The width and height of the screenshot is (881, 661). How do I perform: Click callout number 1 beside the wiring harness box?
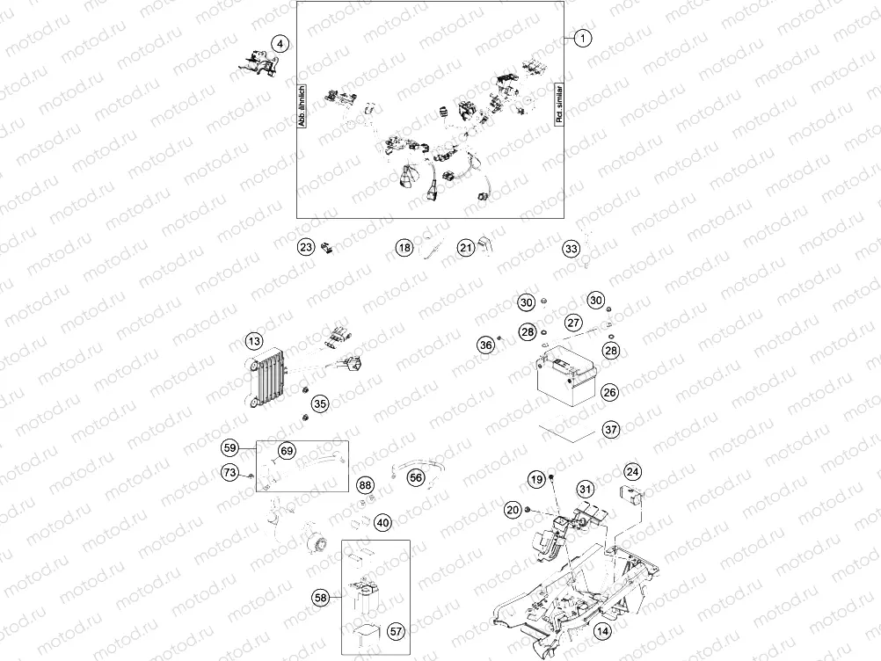coord(582,38)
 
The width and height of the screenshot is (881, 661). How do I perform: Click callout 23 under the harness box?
coord(305,248)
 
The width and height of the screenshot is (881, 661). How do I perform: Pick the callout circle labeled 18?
coord(404,248)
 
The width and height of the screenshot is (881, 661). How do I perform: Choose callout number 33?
coord(572,249)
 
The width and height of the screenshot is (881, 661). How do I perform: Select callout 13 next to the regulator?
coord(253,341)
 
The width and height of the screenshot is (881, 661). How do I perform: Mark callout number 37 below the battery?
coord(610,430)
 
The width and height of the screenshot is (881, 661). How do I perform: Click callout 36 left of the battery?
coord(485,345)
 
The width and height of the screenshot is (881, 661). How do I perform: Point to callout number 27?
coord(572,323)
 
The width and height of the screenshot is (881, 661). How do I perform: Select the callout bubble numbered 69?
coord(286,451)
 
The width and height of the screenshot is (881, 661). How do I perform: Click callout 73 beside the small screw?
coord(229,474)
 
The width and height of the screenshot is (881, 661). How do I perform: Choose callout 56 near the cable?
coord(416,476)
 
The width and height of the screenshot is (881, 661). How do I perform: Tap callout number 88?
coord(365,485)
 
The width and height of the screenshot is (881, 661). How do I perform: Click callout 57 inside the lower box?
coord(397,631)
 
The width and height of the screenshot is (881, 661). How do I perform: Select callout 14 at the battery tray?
coord(602,631)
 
